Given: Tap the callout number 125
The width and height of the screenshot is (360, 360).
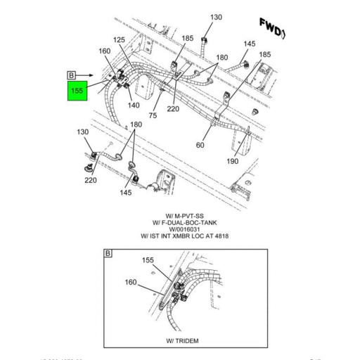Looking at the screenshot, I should click(x=119, y=40).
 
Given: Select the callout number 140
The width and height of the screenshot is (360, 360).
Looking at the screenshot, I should click(x=133, y=105).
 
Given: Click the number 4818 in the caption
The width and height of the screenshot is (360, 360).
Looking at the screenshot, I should click(x=221, y=236).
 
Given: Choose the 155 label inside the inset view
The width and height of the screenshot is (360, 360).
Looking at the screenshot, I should click(x=148, y=259).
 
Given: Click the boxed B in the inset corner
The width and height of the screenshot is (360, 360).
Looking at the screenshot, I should click(x=108, y=252).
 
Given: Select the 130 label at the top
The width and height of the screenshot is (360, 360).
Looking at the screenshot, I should click(x=216, y=17).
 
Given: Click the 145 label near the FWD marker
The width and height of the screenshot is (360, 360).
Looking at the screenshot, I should click(x=249, y=44).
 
